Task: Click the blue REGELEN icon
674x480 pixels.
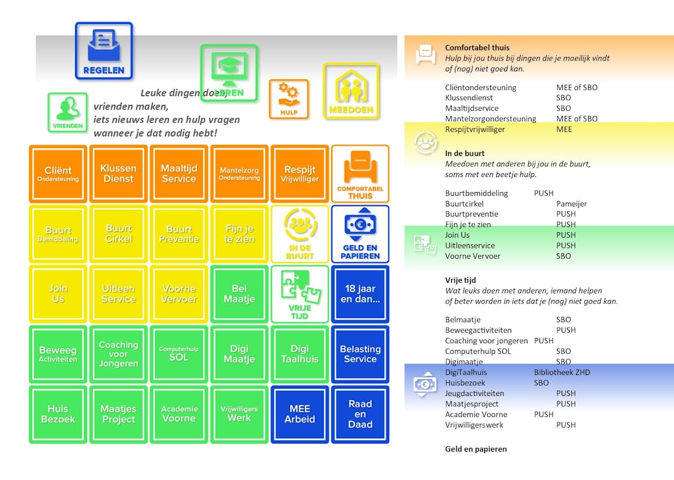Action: point(104,51)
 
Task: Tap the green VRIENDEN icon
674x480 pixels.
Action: point(68,112)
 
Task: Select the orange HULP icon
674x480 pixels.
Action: point(288,99)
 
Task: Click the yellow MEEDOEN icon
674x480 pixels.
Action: point(351,91)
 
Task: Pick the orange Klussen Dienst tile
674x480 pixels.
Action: point(118,173)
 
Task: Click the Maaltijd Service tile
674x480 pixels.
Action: point(179,173)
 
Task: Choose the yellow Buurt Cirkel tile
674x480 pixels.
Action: point(118,233)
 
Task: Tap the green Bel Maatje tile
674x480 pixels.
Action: point(239,294)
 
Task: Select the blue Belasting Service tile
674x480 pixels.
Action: point(360,354)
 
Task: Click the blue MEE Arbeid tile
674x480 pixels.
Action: point(300,414)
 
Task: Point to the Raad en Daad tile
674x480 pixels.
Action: point(360,414)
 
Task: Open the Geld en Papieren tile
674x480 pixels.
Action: point(360,233)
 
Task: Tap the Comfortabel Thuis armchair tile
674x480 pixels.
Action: point(360,173)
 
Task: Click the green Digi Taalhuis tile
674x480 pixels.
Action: point(300,354)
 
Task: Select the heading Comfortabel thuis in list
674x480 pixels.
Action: point(477,47)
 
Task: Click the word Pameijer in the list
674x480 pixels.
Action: point(571,203)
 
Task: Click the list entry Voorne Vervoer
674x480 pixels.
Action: point(472,256)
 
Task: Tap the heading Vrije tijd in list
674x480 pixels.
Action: point(460,280)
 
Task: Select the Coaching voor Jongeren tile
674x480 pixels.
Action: point(118,354)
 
